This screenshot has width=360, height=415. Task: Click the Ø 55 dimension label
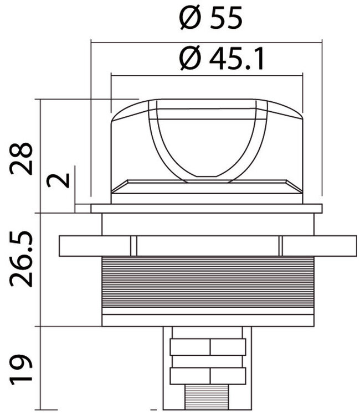point(210,19)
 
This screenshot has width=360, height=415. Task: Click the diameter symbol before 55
point(188,19)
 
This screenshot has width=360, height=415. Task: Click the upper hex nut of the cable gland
point(208,347)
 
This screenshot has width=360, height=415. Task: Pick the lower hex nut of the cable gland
point(208,376)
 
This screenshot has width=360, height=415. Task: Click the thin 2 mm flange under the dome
point(207,209)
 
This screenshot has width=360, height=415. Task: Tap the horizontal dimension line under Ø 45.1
point(207,76)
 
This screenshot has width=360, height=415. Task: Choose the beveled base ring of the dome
point(207,186)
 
